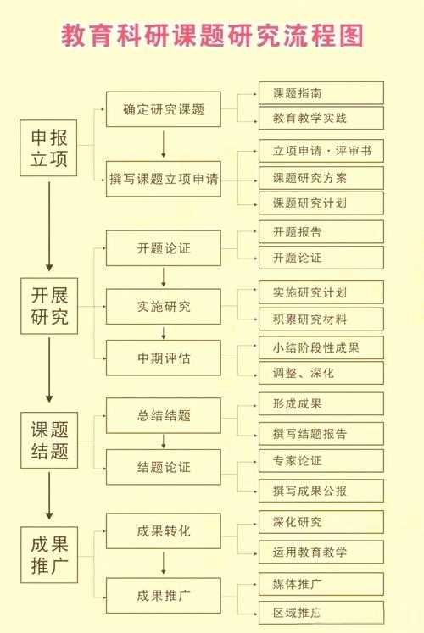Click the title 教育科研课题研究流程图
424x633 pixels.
pos(212,36)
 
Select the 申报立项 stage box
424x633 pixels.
pos(48,148)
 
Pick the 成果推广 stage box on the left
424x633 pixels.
pos(48,551)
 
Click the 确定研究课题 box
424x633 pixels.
pos(163,110)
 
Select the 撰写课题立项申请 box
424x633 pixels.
pos(163,179)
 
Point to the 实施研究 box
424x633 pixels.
pos(163,306)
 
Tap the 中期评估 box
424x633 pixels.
pos(163,358)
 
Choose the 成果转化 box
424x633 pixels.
pos(163,531)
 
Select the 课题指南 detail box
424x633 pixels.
pos(321,92)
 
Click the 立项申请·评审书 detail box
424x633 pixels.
pos(321,151)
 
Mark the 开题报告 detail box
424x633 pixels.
pos(321,231)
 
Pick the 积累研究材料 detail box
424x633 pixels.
pos(321,319)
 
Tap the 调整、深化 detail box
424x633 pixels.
pos(321,372)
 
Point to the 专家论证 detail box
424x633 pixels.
pos(321,462)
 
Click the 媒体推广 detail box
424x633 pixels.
pos(321,584)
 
